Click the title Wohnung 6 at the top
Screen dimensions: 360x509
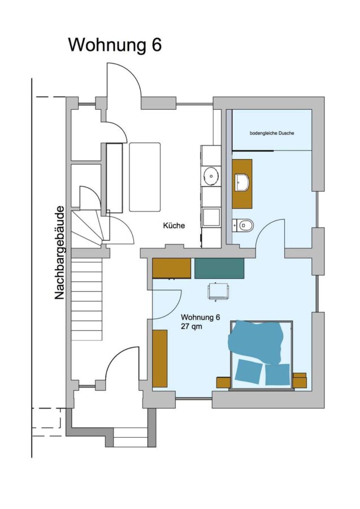(x=115, y=45)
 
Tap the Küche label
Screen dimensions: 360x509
(x=174, y=225)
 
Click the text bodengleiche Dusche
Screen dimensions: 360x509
(x=272, y=133)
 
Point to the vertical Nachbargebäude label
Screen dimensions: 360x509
(x=59, y=253)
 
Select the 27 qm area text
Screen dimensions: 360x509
(x=192, y=326)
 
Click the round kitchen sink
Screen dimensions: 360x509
(x=211, y=176)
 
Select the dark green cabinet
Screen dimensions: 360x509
(x=219, y=268)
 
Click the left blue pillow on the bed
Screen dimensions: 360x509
(x=249, y=371)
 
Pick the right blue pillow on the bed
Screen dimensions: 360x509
(x=277, y=374)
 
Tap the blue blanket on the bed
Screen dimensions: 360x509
(x=255, y=340)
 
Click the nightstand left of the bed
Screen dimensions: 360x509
(x=223, y=382)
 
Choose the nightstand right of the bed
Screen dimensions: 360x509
(x=300, y=380)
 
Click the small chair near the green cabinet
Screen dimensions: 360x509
(x=218, y=291)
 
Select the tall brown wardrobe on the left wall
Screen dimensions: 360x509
(x=160, y=359)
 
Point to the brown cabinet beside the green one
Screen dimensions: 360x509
(x=172, y=268)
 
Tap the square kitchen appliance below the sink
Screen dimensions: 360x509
(x=211, y=217)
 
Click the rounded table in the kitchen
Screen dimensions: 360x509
(x=145, y=177)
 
